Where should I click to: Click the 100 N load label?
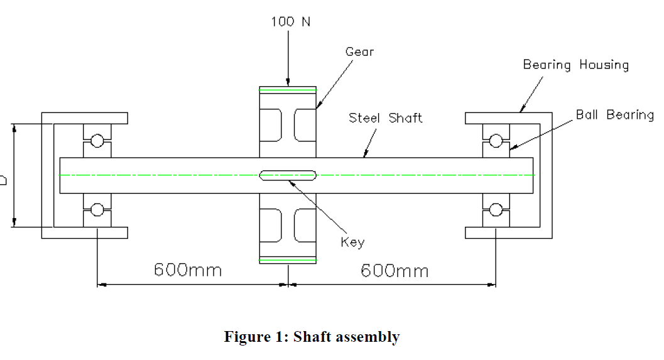coord(290,22)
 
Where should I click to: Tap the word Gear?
coord(359,52)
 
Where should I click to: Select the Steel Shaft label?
coord(385,117)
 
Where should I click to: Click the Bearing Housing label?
coord(575,65)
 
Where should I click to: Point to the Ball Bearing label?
coord(614,115)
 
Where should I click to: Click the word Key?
coord(352,242)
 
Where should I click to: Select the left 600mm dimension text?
coord(188,270)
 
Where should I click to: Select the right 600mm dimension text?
coord(395,270)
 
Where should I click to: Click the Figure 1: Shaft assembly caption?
coord(312,337)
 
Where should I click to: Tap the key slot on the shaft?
coord(288,175)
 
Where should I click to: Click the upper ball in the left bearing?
coord(97,141)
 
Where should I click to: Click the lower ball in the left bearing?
coord(97,209)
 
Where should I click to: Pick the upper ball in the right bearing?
coord(496,141)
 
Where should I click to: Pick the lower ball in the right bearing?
coord(496,209)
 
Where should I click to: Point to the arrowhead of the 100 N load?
coord(288,82)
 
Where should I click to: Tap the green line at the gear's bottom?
coord(288,259)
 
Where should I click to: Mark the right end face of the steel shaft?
coord(535,175)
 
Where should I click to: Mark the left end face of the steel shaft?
coord(60,175)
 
